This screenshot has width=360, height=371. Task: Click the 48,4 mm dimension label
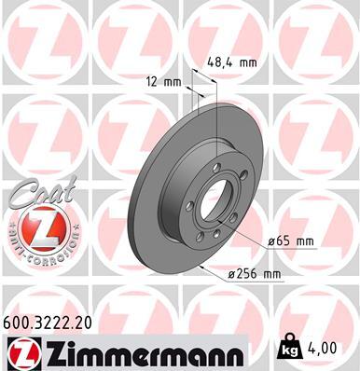[229, 63]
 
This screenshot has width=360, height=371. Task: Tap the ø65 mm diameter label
[291, 241]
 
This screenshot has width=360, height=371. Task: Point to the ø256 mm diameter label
[255, 273]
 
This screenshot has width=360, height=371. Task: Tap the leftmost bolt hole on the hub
[190, 206]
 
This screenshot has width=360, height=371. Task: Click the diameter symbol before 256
[230, 274]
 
